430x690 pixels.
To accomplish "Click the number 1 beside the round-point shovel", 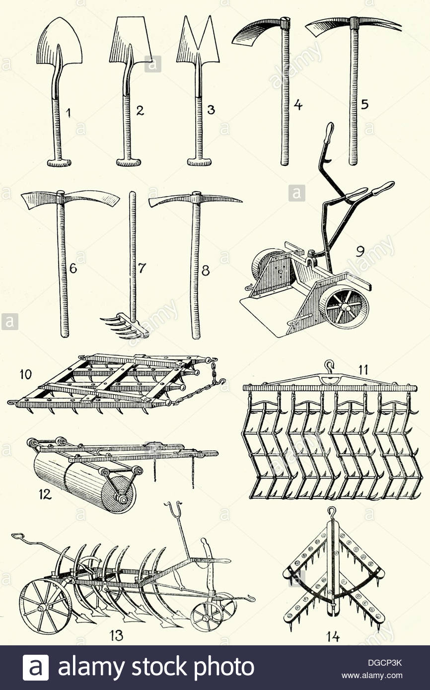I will (x=69, y=114).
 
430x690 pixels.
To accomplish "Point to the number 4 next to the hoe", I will (x=298, y=105).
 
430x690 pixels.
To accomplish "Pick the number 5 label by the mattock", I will (x=365, y=105).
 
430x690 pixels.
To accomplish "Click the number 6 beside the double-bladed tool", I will (x=73, y=269).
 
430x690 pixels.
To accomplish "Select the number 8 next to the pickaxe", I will (x=206, y=270).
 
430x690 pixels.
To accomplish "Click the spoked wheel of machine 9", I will (x=344, y=306).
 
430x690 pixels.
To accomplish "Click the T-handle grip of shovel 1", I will (x=59, y=162).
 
